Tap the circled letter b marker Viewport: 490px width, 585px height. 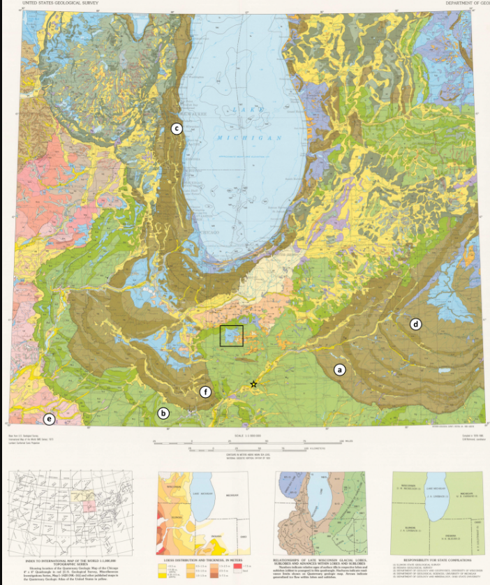coord(163,413)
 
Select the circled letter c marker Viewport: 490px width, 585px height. coord(177,128)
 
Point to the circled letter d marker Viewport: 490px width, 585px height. coord(416,324)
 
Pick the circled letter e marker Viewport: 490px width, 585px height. coord(49,419)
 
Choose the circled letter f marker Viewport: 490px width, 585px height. coord(205,392)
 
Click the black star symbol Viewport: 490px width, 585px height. coord(253,385)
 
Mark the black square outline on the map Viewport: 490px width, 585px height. coord(231,336)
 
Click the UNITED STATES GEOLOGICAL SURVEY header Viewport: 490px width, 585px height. coord(59,3)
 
